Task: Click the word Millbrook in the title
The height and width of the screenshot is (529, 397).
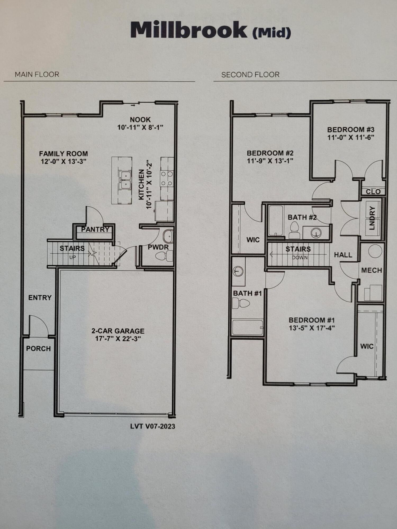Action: (x=189, y=30)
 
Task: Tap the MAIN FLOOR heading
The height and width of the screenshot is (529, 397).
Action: (x=37, y=75)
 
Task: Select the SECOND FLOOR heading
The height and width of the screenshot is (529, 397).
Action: (x=250, y=75)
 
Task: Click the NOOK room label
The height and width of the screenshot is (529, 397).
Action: (x=140, y=120)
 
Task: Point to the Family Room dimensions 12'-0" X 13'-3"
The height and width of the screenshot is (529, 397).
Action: (x=64, y=161)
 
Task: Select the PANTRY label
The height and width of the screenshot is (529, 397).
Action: (x=95, y=229)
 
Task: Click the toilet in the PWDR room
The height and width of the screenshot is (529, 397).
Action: (x=164, y=256)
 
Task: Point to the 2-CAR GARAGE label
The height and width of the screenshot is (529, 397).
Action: (x=118, y=331)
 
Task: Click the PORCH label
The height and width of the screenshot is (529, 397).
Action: (x=38, y=349)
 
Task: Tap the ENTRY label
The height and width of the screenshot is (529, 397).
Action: (x=40, y=298)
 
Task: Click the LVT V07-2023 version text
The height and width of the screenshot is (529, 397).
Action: (x=152, y=426)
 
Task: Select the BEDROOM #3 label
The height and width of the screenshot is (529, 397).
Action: (x=351, y=130)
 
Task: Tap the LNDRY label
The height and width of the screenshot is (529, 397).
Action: (x=372, y=218)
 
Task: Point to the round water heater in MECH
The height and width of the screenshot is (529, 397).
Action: (x=375, y=251)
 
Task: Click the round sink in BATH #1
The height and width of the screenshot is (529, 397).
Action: (x=238, y=271)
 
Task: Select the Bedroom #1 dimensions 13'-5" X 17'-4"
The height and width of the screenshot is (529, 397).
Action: (x=312, y=328)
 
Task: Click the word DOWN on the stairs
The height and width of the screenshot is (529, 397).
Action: (x=300, y=257)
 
